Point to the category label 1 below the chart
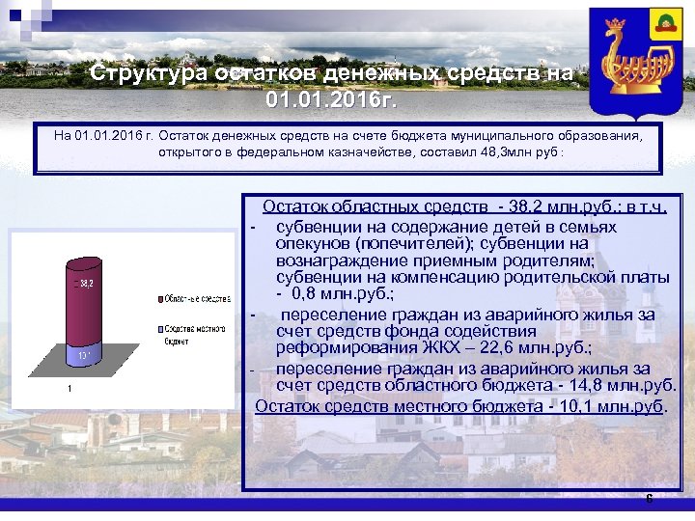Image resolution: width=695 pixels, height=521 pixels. [69, 389]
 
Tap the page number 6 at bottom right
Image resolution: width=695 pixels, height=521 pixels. [649, 499]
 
